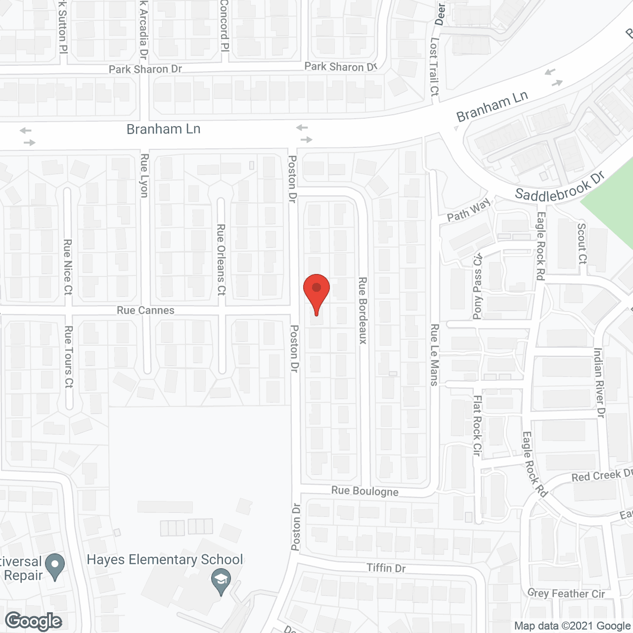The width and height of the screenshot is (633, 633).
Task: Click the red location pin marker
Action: pos(316,292)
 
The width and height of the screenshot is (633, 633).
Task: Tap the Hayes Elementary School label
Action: pos(165,559)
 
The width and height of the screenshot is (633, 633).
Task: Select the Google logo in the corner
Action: pos(34,621)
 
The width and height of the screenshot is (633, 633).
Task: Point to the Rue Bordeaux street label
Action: pos(362,311)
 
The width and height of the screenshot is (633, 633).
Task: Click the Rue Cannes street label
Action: pos(145,310)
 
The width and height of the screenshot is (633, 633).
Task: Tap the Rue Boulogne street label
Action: pos(365,491)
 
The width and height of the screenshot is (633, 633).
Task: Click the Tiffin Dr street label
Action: pos(386,568)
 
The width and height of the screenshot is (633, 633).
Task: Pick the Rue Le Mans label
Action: pos(434,355)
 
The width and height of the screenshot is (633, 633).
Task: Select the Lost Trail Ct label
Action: pos(434,66)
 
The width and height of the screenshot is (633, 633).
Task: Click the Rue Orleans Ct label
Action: pos(221,260)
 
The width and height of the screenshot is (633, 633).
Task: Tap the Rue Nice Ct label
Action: pos(68,267)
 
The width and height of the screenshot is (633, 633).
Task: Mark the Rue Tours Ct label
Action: pos(69,356)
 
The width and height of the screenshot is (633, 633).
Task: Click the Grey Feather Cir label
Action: pos(566,593)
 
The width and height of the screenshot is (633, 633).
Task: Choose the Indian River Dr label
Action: pos(599,383)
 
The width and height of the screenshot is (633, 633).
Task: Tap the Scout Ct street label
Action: pos(582,243)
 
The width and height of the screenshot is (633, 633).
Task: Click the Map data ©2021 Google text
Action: pos(572,626)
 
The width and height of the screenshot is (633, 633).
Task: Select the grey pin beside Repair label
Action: pos(54,567)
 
